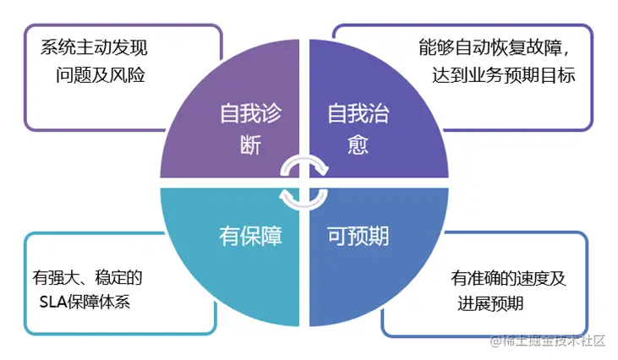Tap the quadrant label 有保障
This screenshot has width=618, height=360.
pos(250,236)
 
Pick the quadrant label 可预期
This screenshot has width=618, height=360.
pos(358,236)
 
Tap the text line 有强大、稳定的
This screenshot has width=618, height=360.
pos(87,275)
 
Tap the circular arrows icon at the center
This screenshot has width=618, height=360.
pos(304,179)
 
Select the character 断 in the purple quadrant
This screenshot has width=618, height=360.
pos(251,144)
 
